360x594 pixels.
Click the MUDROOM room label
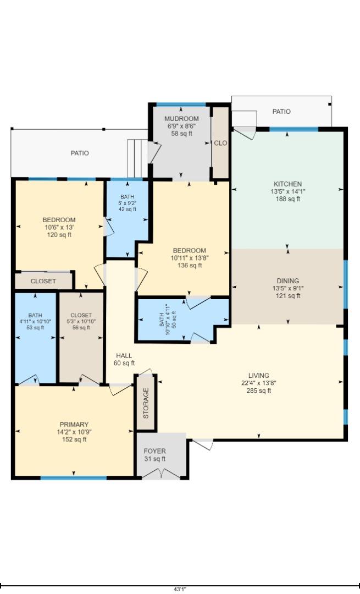(181, 119)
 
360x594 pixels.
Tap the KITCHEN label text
(287, 184)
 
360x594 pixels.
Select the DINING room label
(287, 280)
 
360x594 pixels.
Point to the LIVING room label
(258, 376)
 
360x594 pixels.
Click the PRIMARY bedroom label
(74, 425)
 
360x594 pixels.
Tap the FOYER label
(154, 451)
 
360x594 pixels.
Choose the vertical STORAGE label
(146, 403)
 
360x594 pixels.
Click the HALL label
(124, 356)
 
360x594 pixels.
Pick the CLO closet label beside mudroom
(220, 143)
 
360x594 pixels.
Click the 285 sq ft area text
(258, 391)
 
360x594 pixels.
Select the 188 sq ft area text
(287, 199)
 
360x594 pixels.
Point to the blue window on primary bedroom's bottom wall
(74, 478)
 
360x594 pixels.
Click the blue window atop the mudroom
(181, 105)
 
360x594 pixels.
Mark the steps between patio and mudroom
(136, 158)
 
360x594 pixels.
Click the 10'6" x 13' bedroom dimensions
(59, 227)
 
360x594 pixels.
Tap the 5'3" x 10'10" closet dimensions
(81, 321)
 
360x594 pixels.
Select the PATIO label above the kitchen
(281, 111)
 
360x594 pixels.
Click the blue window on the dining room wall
(345, 284)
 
